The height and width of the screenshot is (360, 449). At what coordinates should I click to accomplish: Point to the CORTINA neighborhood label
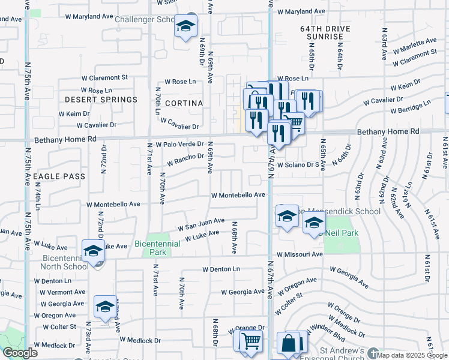[x=184, y=103]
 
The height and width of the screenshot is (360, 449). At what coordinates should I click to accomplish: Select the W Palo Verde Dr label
[x=180, y=145]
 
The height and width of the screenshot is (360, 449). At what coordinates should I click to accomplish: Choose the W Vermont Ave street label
[x=63, y=292]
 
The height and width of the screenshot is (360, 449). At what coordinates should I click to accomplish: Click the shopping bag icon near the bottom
[x=289, y=345]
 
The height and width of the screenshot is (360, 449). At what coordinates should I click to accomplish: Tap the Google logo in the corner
[x=20, y=353]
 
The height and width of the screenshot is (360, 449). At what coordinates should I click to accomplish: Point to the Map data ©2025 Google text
[x=408, y=355]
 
